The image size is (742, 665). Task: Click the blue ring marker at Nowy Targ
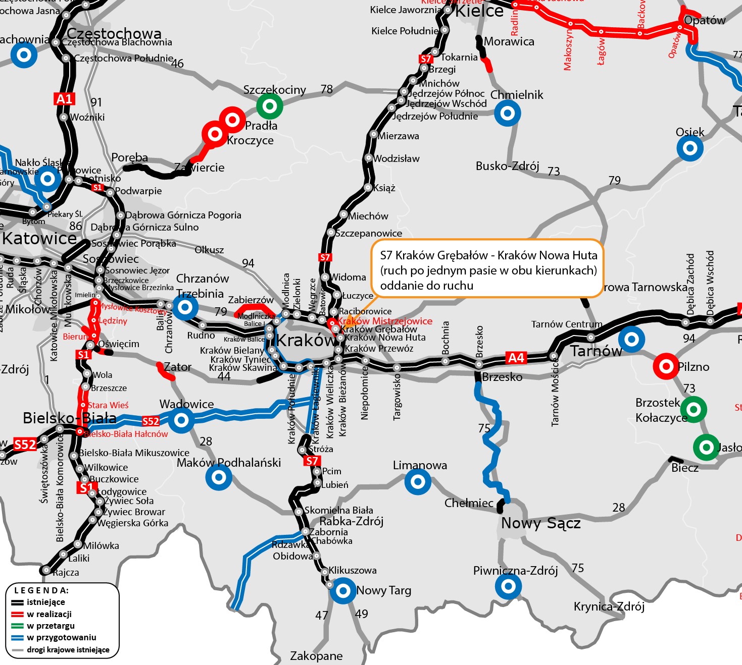[x=343, y=590]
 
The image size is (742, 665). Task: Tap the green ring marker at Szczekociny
[x=269, y=106]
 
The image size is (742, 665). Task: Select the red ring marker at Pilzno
[x=666, y=366]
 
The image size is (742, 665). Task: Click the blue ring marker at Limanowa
[x=418, y=481]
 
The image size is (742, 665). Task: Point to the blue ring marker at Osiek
[x=689, y=148]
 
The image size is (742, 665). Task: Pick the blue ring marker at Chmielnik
[x=507, y=113]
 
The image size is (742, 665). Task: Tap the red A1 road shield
[x=64, y=99]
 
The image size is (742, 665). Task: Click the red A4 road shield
[x=516, y=358]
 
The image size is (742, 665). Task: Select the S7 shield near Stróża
[x=312, y=461]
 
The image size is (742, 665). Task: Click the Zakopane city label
[x=316, y=656]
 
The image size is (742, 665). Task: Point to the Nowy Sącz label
[x=540, y=524]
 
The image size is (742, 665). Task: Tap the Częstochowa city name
[x=114, y=33]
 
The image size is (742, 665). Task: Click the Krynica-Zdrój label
[x=609, y=606]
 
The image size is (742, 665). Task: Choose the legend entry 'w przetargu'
[x=51, y=626]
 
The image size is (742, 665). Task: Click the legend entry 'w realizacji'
[x=49, y=614]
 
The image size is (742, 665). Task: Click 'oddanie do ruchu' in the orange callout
[x=427, y=286]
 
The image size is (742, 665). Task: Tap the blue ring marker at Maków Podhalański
[x=219, y=477]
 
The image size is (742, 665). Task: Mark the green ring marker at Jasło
[x=706, y=447]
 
